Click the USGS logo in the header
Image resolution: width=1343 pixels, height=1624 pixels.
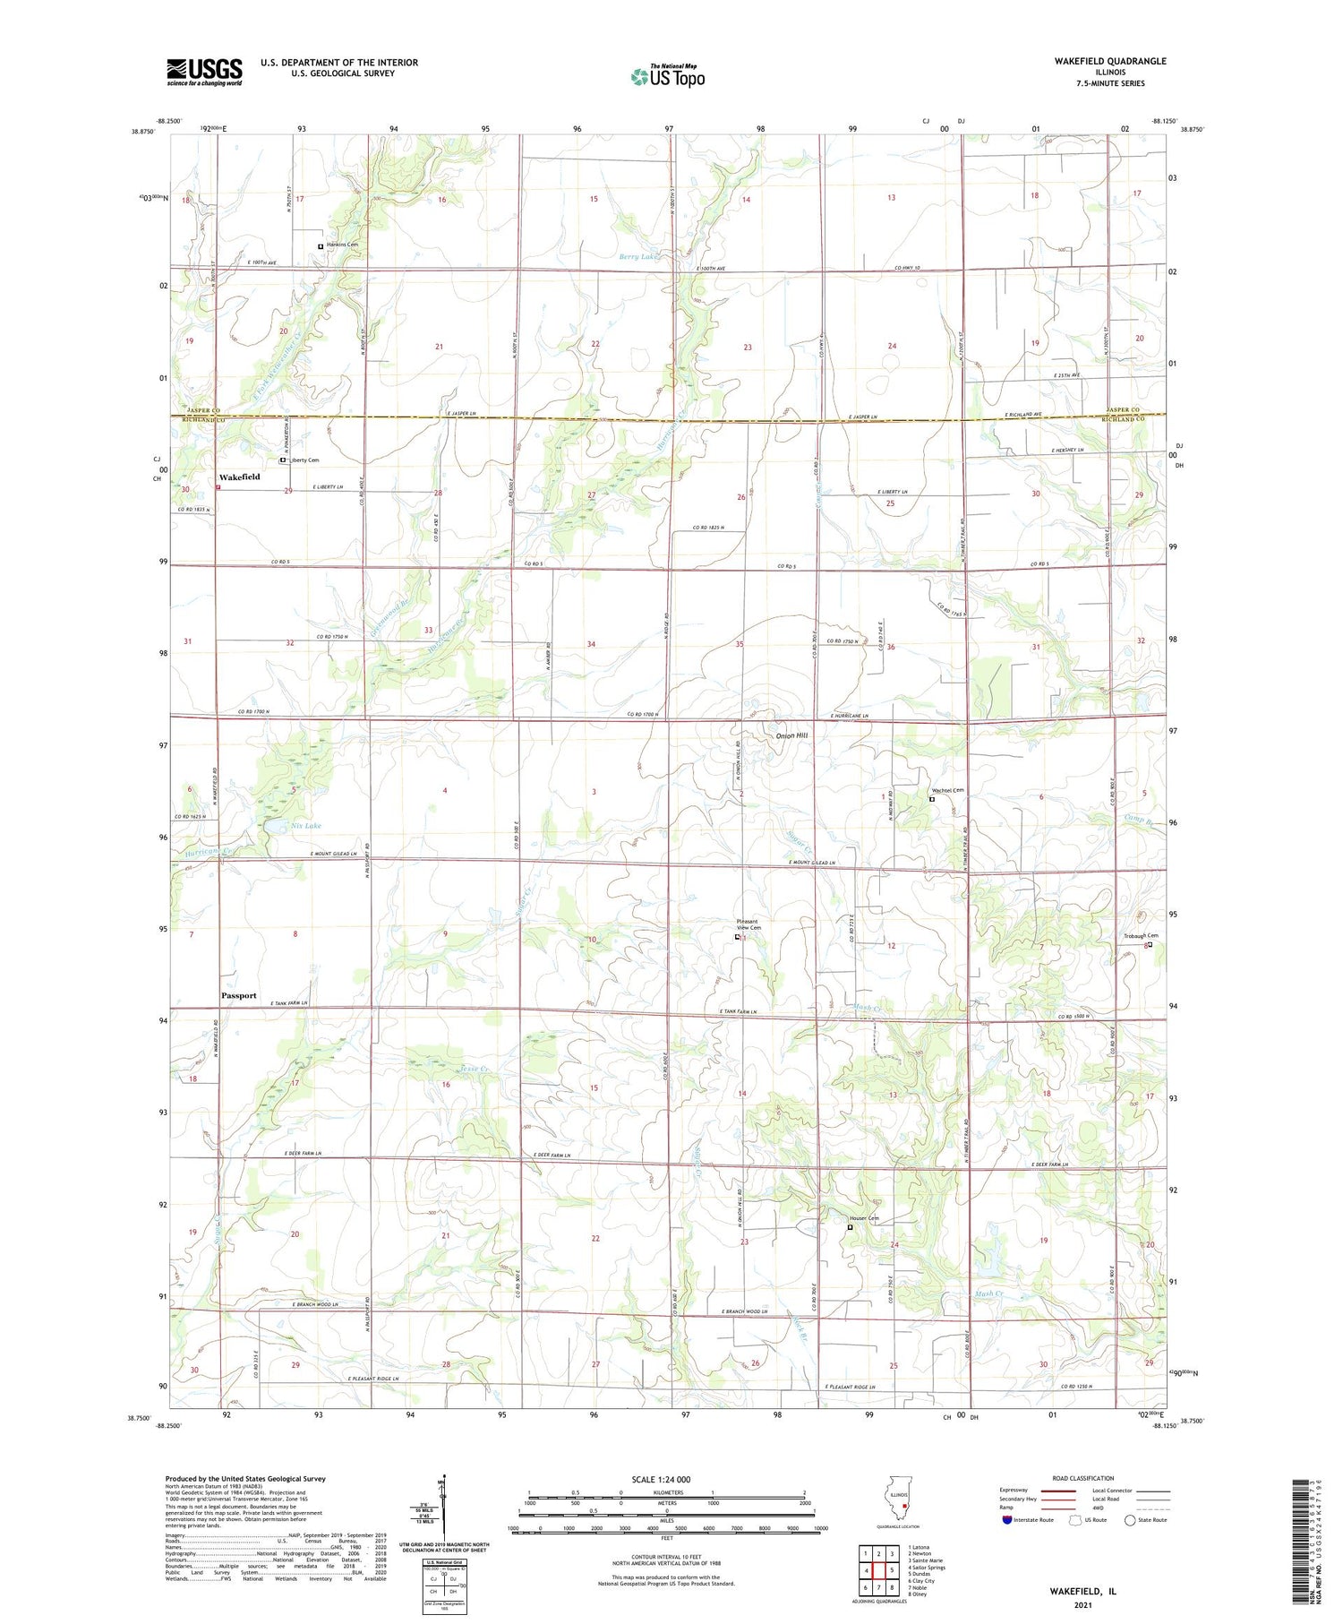204,72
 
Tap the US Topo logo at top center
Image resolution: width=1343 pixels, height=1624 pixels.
667,76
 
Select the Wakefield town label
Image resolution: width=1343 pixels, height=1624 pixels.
240,477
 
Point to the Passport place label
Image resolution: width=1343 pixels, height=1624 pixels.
239,995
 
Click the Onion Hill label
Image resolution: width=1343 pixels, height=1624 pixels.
791,735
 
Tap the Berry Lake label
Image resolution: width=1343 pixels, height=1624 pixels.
638,257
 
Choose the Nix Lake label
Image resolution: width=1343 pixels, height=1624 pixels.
306,825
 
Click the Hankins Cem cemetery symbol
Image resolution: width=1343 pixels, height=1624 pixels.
321,246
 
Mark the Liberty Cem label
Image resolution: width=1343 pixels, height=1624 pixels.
303,460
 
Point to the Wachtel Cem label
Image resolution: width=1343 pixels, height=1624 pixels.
947,790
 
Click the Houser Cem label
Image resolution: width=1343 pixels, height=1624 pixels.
864,1218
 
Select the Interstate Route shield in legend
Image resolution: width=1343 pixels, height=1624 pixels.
1007,1520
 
